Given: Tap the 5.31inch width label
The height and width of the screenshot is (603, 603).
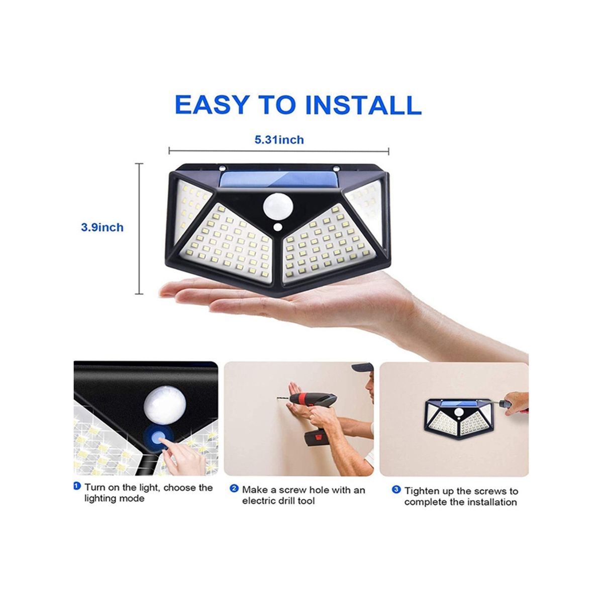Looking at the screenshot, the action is (279, 140).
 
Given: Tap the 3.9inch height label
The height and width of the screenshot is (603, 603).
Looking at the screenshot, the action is (103, 227).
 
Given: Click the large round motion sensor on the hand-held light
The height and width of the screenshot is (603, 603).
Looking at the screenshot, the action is (276, 206).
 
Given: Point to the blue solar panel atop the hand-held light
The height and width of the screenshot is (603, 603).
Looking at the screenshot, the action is (279, 179).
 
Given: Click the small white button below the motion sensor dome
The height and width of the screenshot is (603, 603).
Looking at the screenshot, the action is (277, 227).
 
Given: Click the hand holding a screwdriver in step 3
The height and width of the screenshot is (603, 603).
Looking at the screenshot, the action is (517, 404).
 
